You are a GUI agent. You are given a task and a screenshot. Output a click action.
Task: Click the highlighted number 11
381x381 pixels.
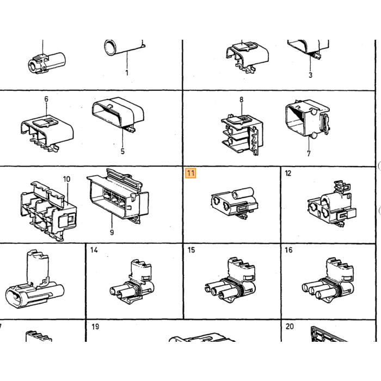190,173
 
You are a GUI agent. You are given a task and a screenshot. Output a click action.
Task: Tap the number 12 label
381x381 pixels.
288,173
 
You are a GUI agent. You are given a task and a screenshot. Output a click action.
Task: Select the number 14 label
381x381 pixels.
94,250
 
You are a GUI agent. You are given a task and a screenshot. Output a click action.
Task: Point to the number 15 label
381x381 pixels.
191,250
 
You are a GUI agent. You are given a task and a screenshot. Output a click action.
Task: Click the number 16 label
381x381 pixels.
288,250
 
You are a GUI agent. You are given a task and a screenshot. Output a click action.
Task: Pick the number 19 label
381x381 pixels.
95,327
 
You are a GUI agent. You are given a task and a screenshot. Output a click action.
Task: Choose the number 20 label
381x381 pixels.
290,327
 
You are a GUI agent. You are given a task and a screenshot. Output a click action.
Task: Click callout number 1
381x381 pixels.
127,72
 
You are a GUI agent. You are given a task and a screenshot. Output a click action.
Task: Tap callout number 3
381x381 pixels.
310,75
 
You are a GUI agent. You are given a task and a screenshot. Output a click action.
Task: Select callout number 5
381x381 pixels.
122,151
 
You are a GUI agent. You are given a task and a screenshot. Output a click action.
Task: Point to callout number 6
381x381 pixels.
46,99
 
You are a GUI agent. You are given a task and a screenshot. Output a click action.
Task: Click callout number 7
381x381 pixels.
309,153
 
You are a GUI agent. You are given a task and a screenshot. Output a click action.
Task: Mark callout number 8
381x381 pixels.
241,100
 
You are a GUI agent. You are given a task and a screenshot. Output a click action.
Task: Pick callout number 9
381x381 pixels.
112,232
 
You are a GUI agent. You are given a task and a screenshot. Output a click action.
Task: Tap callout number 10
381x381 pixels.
66,179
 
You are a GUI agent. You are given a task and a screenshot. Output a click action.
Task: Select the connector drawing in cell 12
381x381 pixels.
331,204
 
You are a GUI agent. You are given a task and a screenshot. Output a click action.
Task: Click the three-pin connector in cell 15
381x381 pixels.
230,281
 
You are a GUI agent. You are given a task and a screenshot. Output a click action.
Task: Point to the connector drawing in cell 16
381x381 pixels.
328,281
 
